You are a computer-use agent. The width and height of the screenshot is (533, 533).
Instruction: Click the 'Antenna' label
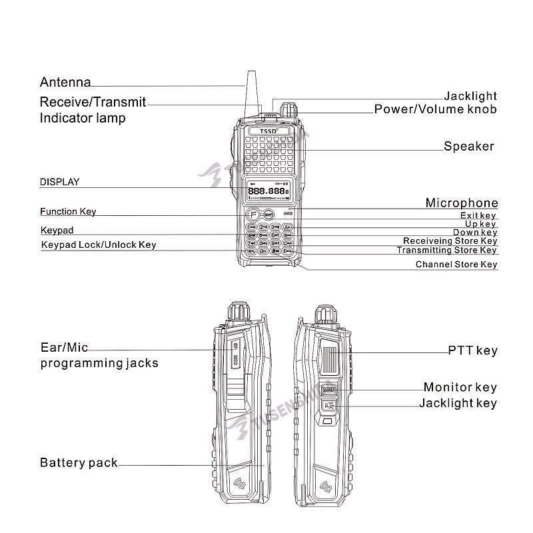[65, 83]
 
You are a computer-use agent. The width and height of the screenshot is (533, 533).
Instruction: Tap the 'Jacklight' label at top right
[470, 97]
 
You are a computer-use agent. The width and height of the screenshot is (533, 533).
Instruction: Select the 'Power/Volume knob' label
[435, 109]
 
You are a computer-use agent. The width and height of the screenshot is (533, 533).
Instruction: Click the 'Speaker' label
[469, 147]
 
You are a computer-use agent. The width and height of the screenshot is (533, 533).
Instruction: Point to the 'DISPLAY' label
[59, 181]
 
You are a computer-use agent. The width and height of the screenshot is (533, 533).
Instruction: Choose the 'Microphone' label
[461, 203]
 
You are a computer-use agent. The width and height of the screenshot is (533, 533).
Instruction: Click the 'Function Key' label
[68, 212]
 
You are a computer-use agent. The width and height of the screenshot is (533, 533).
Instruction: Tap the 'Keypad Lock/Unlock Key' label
[99, 245]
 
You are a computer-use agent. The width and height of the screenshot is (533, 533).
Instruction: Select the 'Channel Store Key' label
[456, 265]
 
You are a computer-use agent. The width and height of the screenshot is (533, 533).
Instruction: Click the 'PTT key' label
[472, 350]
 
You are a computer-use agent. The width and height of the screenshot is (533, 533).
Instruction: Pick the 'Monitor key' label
[460, 387]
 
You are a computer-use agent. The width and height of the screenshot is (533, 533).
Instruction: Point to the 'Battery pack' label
[79, 463]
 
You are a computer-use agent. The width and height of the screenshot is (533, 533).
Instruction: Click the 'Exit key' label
[478, 216]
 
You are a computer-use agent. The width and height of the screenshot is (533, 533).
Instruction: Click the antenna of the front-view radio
[253, 93]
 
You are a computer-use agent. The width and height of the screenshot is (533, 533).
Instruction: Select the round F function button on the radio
[253, 215]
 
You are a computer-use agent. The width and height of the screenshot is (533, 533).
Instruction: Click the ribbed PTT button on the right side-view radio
[330, 354]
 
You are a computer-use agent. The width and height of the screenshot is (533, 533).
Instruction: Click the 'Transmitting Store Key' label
[446, 251]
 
